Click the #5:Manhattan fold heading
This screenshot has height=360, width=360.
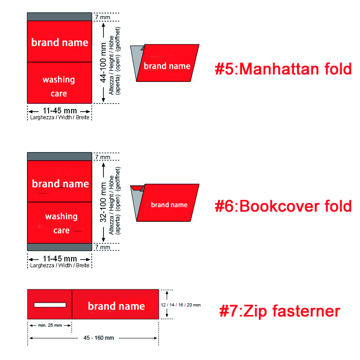283,69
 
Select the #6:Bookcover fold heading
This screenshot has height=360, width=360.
283,206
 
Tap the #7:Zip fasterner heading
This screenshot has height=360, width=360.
279,311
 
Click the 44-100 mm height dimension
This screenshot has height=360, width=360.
103,63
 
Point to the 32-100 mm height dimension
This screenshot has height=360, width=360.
103,202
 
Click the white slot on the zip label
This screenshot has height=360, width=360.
50,305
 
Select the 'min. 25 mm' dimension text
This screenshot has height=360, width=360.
50,325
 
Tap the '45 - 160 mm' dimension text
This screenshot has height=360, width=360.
99,338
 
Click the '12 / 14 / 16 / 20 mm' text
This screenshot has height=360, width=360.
181,305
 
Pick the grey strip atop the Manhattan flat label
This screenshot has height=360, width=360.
59,17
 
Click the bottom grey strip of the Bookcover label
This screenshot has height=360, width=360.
59,247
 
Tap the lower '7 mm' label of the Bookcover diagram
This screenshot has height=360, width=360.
103,247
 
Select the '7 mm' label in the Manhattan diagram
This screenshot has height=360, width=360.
103,17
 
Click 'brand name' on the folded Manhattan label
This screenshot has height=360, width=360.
167,66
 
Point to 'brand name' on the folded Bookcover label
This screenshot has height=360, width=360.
169,205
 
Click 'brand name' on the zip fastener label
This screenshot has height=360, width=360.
117,306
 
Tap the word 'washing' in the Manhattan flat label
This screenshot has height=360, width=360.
59,80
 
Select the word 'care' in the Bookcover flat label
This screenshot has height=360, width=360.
62,230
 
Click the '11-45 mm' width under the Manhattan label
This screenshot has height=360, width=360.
60,111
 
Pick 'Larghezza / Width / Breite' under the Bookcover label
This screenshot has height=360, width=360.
60,265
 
